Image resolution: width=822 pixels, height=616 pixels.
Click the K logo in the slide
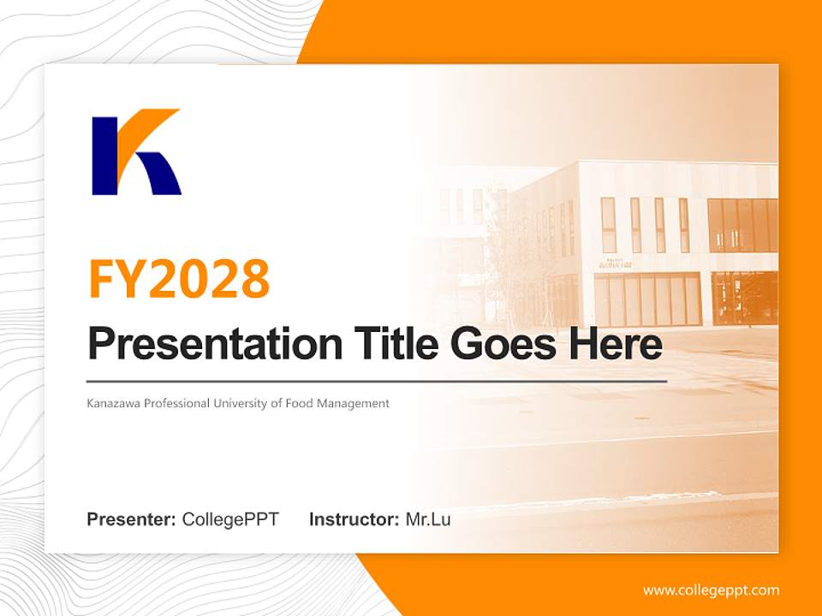click(x=136, y=151)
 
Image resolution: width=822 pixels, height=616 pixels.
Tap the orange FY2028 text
click(x=179, y=278)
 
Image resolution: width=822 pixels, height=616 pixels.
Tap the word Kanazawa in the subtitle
click(x=114, y=403)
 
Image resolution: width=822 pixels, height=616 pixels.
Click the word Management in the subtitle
click(x=353, y=403)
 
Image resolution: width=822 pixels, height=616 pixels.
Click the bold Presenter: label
click(x=132, y=519)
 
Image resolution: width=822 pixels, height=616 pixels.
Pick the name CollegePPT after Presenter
click(x=230, y=519)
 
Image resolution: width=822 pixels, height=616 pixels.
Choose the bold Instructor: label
click(x=354, y=519)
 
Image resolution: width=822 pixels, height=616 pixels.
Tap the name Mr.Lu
click(x=427, y=519)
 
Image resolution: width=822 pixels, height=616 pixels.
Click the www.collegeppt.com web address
click(x=711, y=590)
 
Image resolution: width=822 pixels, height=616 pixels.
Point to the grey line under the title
click(x=377, y=381)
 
